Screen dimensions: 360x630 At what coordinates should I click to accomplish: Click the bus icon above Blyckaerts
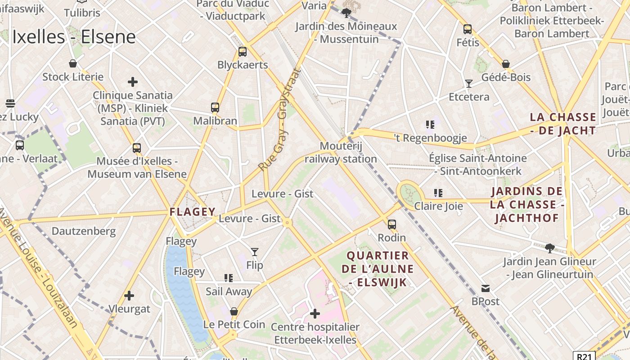pyautogui.click(x=243, y=51)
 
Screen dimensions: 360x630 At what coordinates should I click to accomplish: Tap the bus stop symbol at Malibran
pyautogui.click(x=215, y=108)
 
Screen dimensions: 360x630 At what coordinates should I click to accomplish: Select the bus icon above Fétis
pyautogui.click(x=468, y=29)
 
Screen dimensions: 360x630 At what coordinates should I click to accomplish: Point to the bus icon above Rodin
pyautogui.click(x=392, y=224)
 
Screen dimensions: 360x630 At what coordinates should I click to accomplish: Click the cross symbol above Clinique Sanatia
pyautogui.click(x=133, y=82)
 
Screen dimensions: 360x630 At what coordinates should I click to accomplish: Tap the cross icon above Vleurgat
pyautogui.click(x=129, y=296)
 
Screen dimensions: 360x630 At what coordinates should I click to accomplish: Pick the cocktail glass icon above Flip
pyautogui.click(x=255, y=252)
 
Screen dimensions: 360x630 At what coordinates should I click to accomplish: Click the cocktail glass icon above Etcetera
pyautogui.click(x=469, y=84)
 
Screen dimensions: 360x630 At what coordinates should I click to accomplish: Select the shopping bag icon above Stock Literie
pyautogui.click(x=73, y=63)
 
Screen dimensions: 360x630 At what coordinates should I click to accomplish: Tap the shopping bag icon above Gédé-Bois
pyautogui.click(x=506, y=64)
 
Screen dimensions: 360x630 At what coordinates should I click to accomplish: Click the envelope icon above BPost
pyautogui.click(x=486, y=288)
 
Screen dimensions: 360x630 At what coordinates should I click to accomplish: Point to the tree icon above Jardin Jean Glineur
pyautogui.click(x=549, y=248)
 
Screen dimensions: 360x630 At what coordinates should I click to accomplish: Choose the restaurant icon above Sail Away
pyautogui.click(x=229, y=278)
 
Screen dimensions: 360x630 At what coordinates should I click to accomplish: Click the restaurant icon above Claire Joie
pyautogui.click(x=438, y=193)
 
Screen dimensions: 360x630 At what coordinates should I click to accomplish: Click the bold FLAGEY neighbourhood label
pyautogui.click(x=193, y=211)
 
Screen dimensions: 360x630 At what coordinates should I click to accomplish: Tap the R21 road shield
pyautogui.click(x=584, y=356)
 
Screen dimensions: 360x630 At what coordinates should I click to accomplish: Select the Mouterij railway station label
pyautogui.click(x=341, y=153)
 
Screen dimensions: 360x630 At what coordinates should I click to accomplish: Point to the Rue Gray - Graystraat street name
pyautogui.click(x=279, y=120)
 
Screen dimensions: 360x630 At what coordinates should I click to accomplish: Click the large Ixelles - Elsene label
pyautogui.click(x=74, y=37)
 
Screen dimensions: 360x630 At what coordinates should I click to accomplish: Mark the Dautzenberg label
pyautogui.click(x=84, y=231)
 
